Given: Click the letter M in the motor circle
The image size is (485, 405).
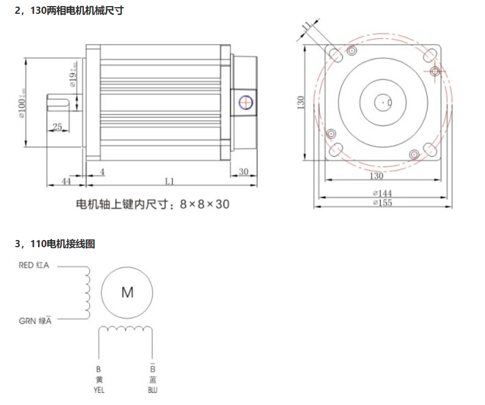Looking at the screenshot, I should [127, 292].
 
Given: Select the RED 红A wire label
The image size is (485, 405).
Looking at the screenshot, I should [34, 265].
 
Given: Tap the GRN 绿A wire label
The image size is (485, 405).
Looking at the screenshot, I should [35, 321].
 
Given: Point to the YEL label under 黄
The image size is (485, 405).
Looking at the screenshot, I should [99, 390].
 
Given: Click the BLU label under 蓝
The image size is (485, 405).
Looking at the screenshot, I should [153, 390].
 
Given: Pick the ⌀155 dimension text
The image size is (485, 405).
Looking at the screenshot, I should [382, 202].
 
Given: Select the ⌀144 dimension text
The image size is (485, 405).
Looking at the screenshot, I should [382, 193].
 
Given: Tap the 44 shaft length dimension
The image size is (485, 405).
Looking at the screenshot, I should [66, 181].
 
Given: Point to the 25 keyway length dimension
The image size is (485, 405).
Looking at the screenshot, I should [57, 127].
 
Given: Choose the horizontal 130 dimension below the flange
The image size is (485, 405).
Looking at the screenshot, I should [376, 176].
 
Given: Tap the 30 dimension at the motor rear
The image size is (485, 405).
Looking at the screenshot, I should [243, 172].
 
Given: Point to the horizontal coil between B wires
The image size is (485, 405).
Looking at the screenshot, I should [125, 329].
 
